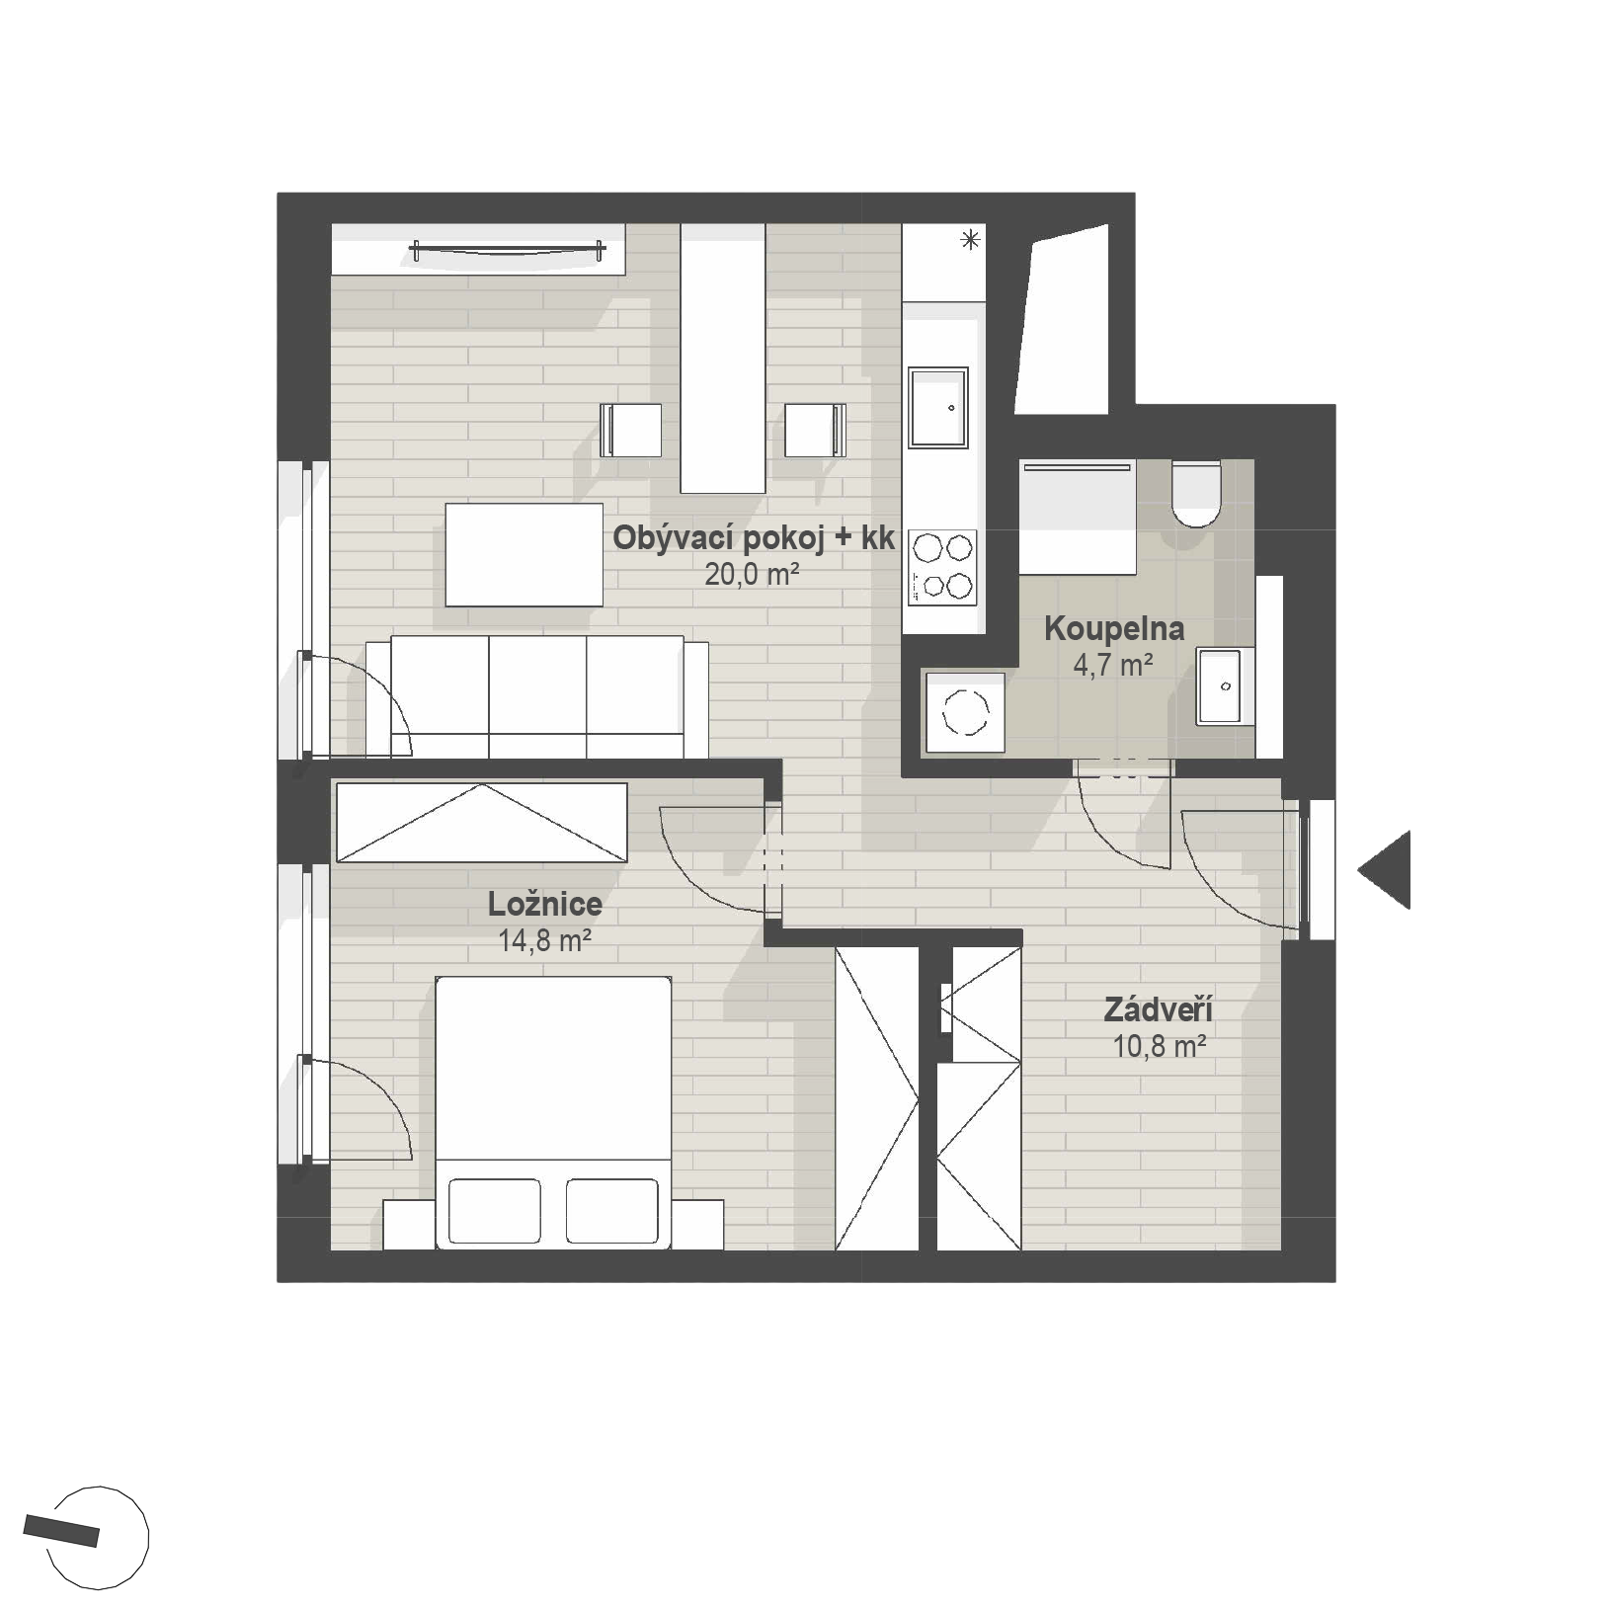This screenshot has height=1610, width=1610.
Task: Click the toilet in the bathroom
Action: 1196,493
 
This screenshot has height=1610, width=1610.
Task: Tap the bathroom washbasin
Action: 1226,685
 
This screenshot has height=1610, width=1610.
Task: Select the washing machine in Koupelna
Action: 965,713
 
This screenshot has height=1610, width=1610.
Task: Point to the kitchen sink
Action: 938,408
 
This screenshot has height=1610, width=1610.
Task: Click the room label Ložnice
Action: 545,904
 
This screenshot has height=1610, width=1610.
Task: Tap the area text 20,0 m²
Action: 752,574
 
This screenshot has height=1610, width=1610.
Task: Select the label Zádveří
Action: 1159,1009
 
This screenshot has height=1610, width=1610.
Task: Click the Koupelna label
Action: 1114,628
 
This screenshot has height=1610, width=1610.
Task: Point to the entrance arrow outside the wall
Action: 1385,870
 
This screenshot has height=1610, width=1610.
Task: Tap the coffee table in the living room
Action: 523,554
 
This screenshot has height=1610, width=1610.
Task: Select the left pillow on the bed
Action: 495,1210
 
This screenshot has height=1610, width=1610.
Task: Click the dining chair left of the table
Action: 631,430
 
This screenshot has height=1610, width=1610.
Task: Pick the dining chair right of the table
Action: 816,430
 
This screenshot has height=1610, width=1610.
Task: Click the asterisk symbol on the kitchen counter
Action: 972,238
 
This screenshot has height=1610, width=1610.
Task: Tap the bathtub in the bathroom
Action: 1078,517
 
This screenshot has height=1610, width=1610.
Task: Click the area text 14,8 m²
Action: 545,940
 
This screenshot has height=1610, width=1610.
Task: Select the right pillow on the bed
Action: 612,1210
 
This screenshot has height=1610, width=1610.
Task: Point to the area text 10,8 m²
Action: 1160,1046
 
